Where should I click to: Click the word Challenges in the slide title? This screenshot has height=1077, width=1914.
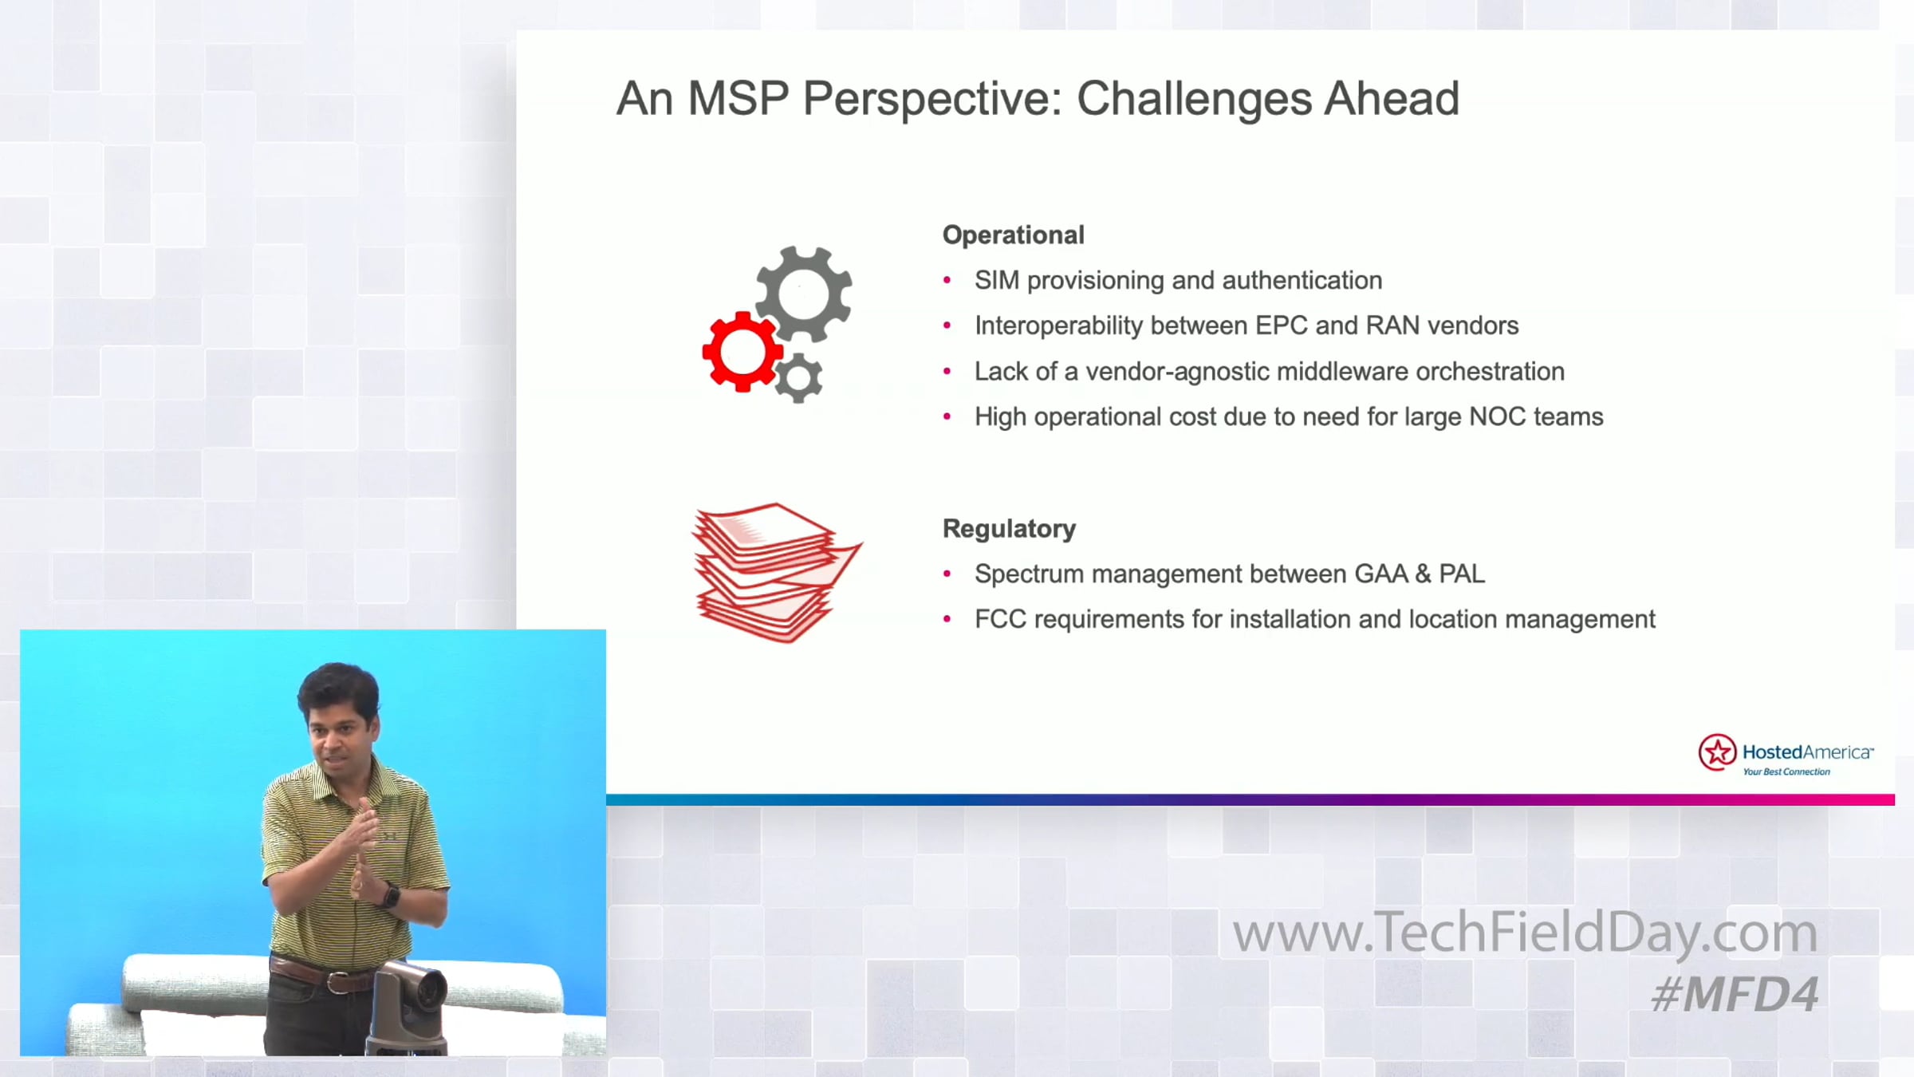[x=1194, y=99]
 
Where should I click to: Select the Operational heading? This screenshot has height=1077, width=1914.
[x=1014, y=235]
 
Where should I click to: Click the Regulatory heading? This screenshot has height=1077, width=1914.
[x=1009, y=528]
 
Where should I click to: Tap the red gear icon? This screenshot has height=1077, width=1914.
[x=741, y=352]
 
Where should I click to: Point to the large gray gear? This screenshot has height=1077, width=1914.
[x=804, y=294]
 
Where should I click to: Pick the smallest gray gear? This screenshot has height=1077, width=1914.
[x=798, y=378]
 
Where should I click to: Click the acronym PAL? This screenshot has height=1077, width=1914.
[x=1462, y=574]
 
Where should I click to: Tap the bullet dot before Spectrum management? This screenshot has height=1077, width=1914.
[x=947, y=574]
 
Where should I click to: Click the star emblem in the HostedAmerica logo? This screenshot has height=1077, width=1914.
[x=1717, y=752]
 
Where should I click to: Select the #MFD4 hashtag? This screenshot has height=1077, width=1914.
[x=1735, y=994]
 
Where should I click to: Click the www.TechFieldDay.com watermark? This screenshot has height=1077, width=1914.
[x=1525, y=932]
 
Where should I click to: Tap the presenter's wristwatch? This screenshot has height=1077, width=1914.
[x=390, y=895]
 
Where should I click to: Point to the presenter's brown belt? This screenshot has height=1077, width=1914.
[x=319, y=973]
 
